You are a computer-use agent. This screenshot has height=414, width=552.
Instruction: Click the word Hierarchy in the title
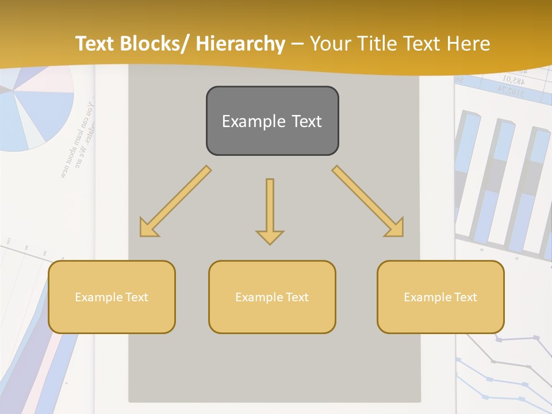[240, 44]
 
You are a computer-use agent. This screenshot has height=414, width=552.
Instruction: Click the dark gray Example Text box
[272, 121]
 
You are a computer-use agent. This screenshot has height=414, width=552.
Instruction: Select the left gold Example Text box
[112, 297]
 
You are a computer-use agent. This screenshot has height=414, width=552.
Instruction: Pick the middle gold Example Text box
[272, 297]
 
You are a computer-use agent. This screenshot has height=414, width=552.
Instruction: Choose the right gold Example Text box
[440, 297]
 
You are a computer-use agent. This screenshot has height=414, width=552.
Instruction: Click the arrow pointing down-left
[174, 202]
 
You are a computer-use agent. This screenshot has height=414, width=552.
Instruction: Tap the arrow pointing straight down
[270, 210]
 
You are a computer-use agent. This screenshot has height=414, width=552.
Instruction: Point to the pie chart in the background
[34, 109]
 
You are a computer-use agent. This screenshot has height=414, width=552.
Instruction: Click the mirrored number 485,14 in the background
[515, 79]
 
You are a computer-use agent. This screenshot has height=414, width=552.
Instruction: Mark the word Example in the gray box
[246, 121]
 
